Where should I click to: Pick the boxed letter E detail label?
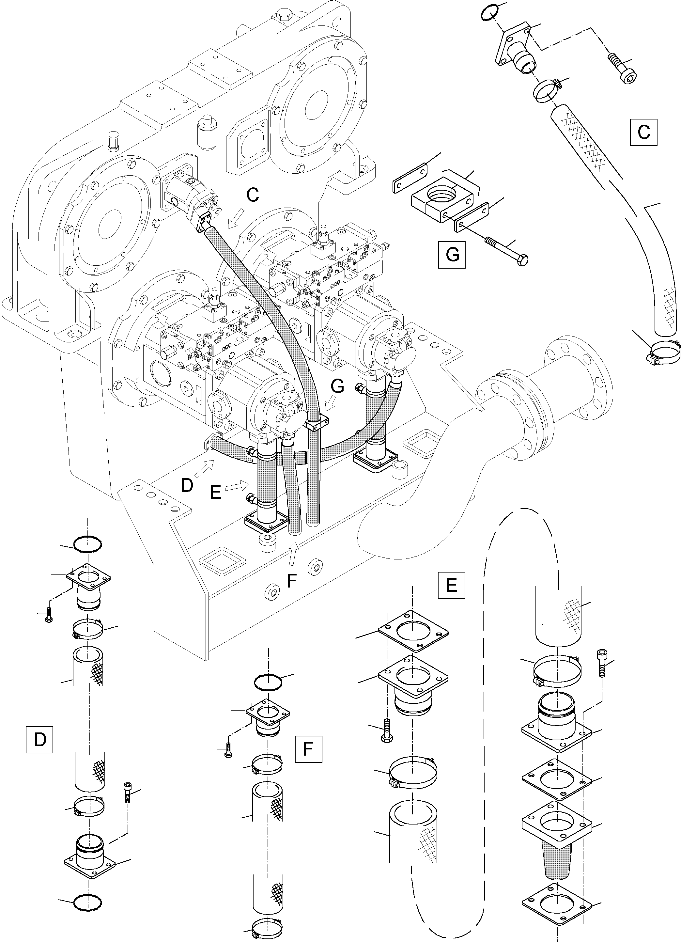point(451,585)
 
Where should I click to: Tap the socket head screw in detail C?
point(623,67)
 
